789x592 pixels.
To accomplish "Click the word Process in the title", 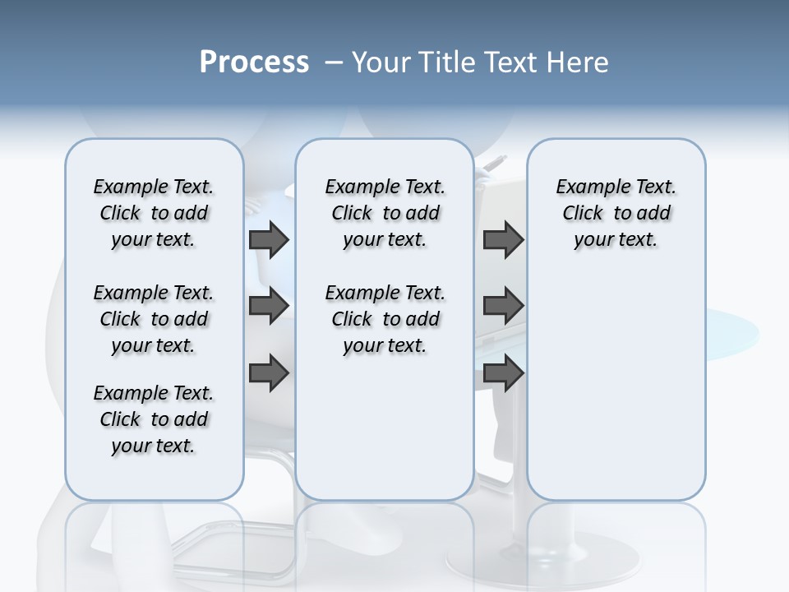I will tap(254, 62).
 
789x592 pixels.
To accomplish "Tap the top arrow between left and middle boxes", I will tap(269, 239).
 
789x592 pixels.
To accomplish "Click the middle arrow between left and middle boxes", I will tap(269, 306).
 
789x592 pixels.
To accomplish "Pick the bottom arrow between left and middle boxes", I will tap(269, 373).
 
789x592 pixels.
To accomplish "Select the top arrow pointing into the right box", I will tap(503, 239).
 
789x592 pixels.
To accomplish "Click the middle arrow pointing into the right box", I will tap(503, 306).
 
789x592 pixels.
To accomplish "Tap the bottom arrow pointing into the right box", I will tap(503, 373).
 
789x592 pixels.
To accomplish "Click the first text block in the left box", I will tap(154, 213).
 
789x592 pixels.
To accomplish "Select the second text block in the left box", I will tap(154, 319).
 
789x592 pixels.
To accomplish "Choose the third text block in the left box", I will tap(154, 419).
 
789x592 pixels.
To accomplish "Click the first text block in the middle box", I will tap(385, 213).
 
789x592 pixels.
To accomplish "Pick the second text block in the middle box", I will tap(385, 319).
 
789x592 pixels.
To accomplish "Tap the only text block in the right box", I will tap(616, 213).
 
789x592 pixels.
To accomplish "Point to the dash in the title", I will tap(334, 62).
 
